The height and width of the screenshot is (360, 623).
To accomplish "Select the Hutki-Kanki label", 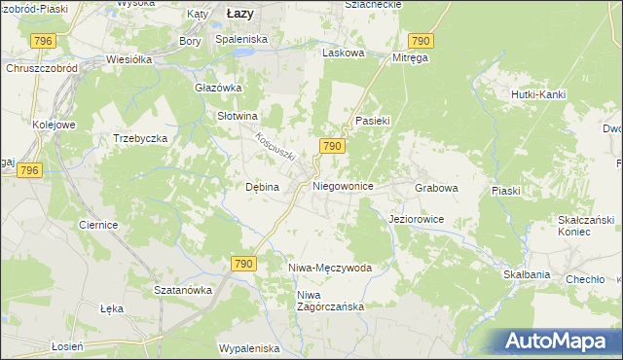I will click(x=538, y=94).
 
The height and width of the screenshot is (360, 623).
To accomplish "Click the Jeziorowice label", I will click(x=416, y=220).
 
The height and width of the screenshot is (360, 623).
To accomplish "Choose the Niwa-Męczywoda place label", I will click(x=330, y=267).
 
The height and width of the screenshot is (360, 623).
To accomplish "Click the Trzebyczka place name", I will click(x=141, y=138).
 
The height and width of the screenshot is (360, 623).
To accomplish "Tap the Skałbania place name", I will click(x=527, y=275).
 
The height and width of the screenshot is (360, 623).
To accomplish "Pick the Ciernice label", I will click(x=98, y=225).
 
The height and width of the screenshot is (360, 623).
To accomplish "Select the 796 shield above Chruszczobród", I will click(x=43, y=41).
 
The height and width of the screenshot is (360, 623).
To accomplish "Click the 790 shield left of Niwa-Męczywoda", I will click(x=243, y=264).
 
